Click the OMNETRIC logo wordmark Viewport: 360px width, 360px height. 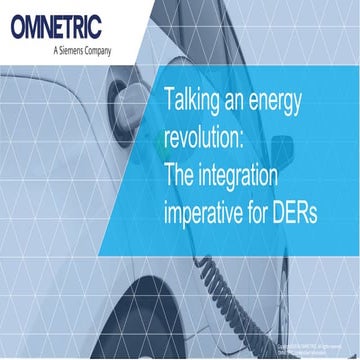coord(60,26)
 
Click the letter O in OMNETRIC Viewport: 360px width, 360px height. coord(22,26)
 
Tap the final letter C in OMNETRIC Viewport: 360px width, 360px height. coord(99,26)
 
